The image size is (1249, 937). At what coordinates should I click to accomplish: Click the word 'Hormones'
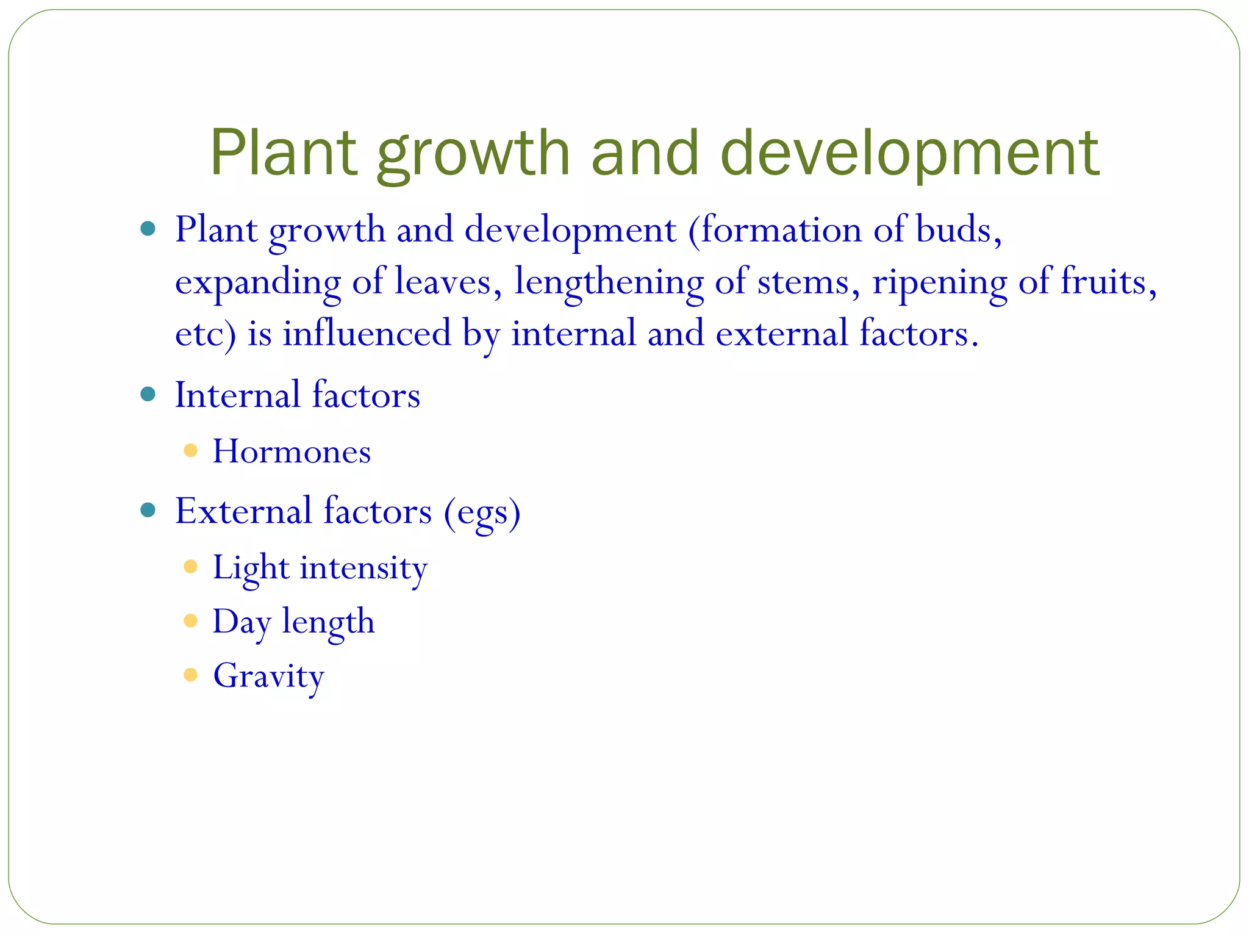click(292, 451)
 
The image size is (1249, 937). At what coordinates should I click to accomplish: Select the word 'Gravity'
click(268, 676)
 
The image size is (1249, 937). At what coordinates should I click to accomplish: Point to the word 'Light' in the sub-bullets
click(250, 568)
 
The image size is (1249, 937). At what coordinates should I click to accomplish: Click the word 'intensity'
click(363, 568)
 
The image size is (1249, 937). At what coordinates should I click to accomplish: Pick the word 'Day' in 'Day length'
click(241, 622)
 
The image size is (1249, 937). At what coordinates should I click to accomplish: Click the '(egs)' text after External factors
click(482, 512)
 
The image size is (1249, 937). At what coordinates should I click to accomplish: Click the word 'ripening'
click(939, 282)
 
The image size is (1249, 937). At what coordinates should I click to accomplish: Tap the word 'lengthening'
click(609, 282)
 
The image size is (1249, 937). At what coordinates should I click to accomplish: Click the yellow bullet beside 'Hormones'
click(190, 451)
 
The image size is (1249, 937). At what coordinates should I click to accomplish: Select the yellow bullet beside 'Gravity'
click(190, 675)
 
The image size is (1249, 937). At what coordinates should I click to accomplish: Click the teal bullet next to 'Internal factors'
click(148, 394)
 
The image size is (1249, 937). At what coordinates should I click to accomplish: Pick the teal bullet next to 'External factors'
click(148, 510)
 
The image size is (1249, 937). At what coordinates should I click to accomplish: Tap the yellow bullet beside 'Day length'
click(190, 621)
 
